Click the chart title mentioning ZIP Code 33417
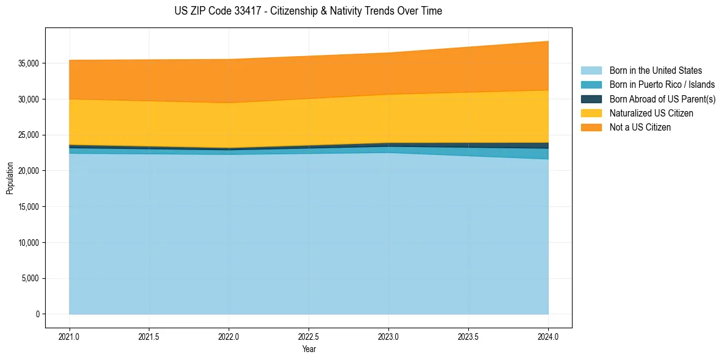308,11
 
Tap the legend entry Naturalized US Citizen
651,113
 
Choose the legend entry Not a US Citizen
640,127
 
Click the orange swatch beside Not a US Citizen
591,127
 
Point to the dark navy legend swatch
591,99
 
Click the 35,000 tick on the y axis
28,63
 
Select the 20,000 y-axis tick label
28,171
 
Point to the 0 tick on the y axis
37,314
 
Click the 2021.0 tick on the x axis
70,336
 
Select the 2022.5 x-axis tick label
309,336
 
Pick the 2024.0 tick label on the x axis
548,336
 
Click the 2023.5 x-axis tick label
468,336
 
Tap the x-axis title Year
309,349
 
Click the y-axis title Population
10,178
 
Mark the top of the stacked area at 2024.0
548,41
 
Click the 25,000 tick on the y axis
28,135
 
